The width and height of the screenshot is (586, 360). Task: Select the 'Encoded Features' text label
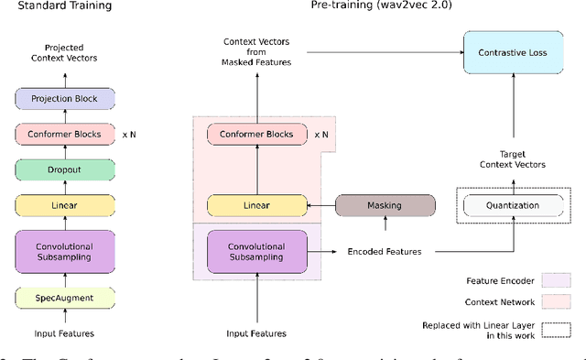(x=385, y=251)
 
